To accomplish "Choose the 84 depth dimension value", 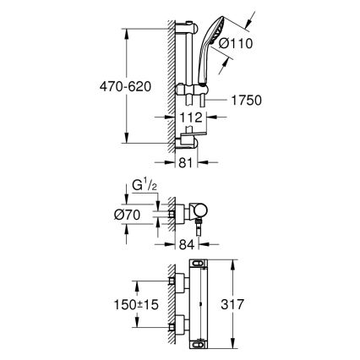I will click(187, 246).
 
